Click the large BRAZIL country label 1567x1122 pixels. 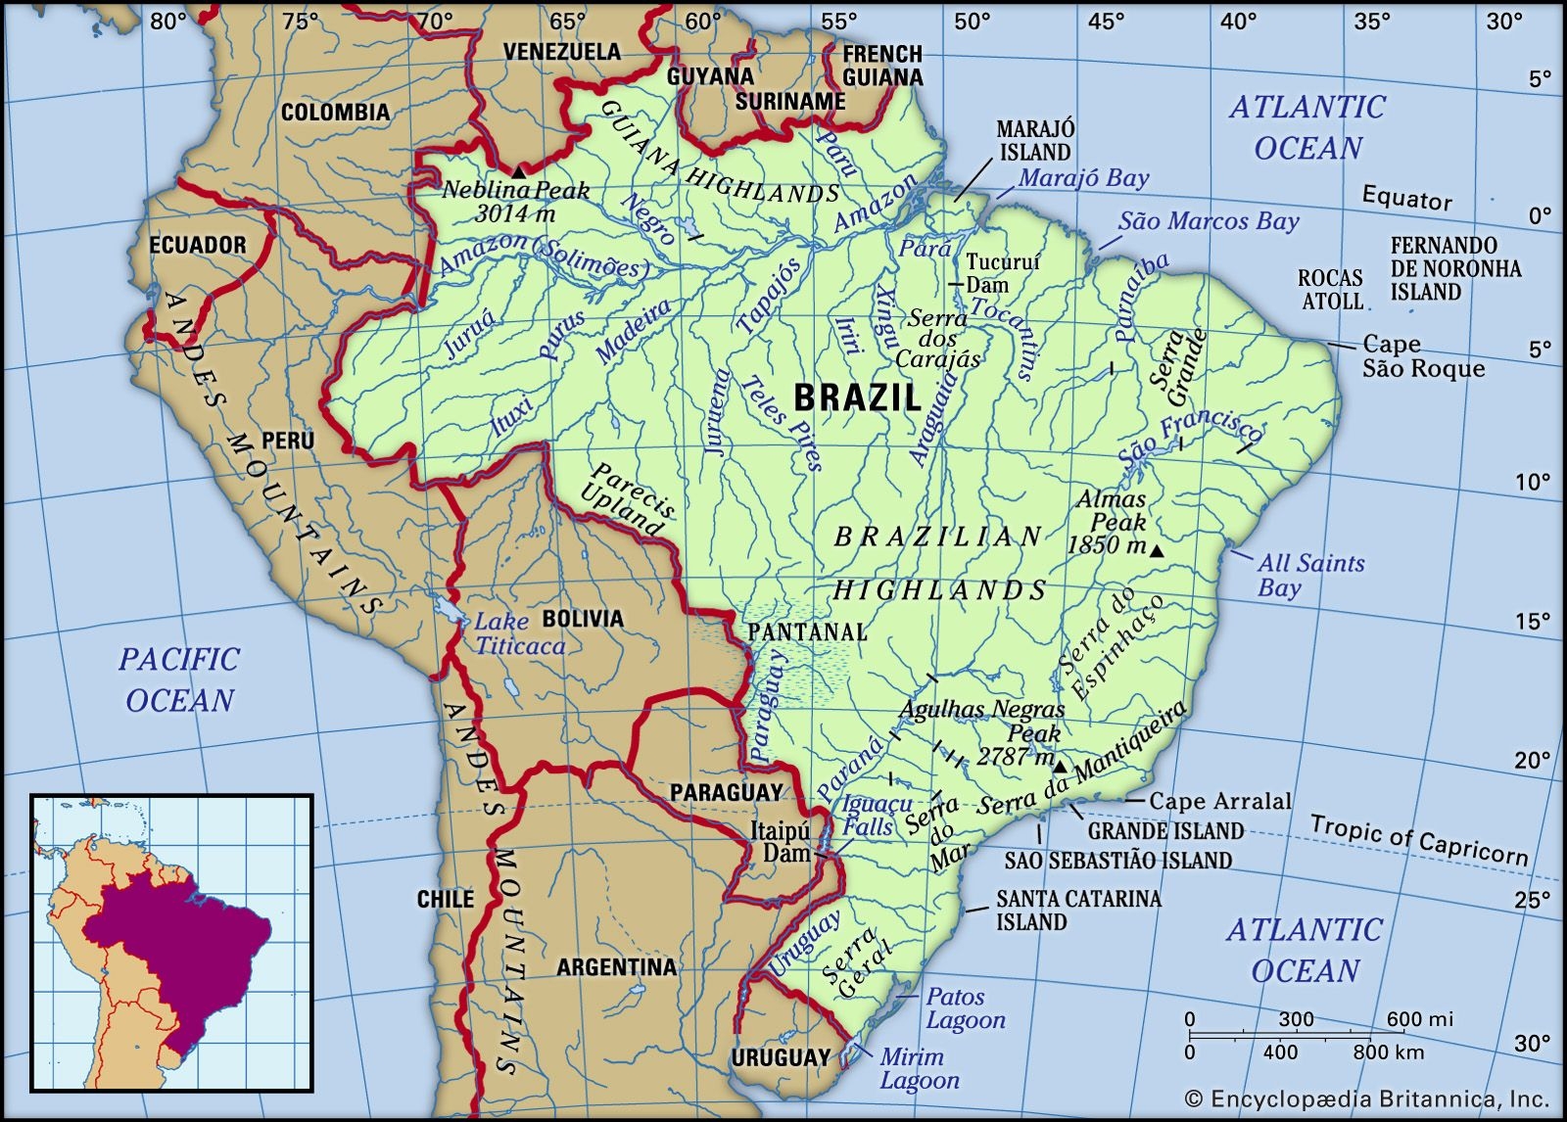coord(857,397)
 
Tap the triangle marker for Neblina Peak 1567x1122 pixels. coord(518,171)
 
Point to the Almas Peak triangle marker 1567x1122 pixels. coord(1157,552)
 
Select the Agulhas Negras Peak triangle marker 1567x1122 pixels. coord(1060,765)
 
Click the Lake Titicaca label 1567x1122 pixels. coord(519,633)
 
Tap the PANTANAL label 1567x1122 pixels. coord(807,632)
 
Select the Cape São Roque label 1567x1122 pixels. coord(1423,356)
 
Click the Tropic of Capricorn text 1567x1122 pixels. coord(1418,841)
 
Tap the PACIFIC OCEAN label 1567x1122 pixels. coord(179,678)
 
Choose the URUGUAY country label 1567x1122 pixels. coord(781,1057)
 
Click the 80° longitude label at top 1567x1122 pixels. coord(167,21)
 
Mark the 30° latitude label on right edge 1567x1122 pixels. coord(1533,1044)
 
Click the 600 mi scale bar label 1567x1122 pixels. coord(1419,1019)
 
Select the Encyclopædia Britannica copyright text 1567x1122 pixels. coord(1366,1099)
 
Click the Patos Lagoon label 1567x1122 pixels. coord(965,1008)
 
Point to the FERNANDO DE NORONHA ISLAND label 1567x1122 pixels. coord(1455,268)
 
